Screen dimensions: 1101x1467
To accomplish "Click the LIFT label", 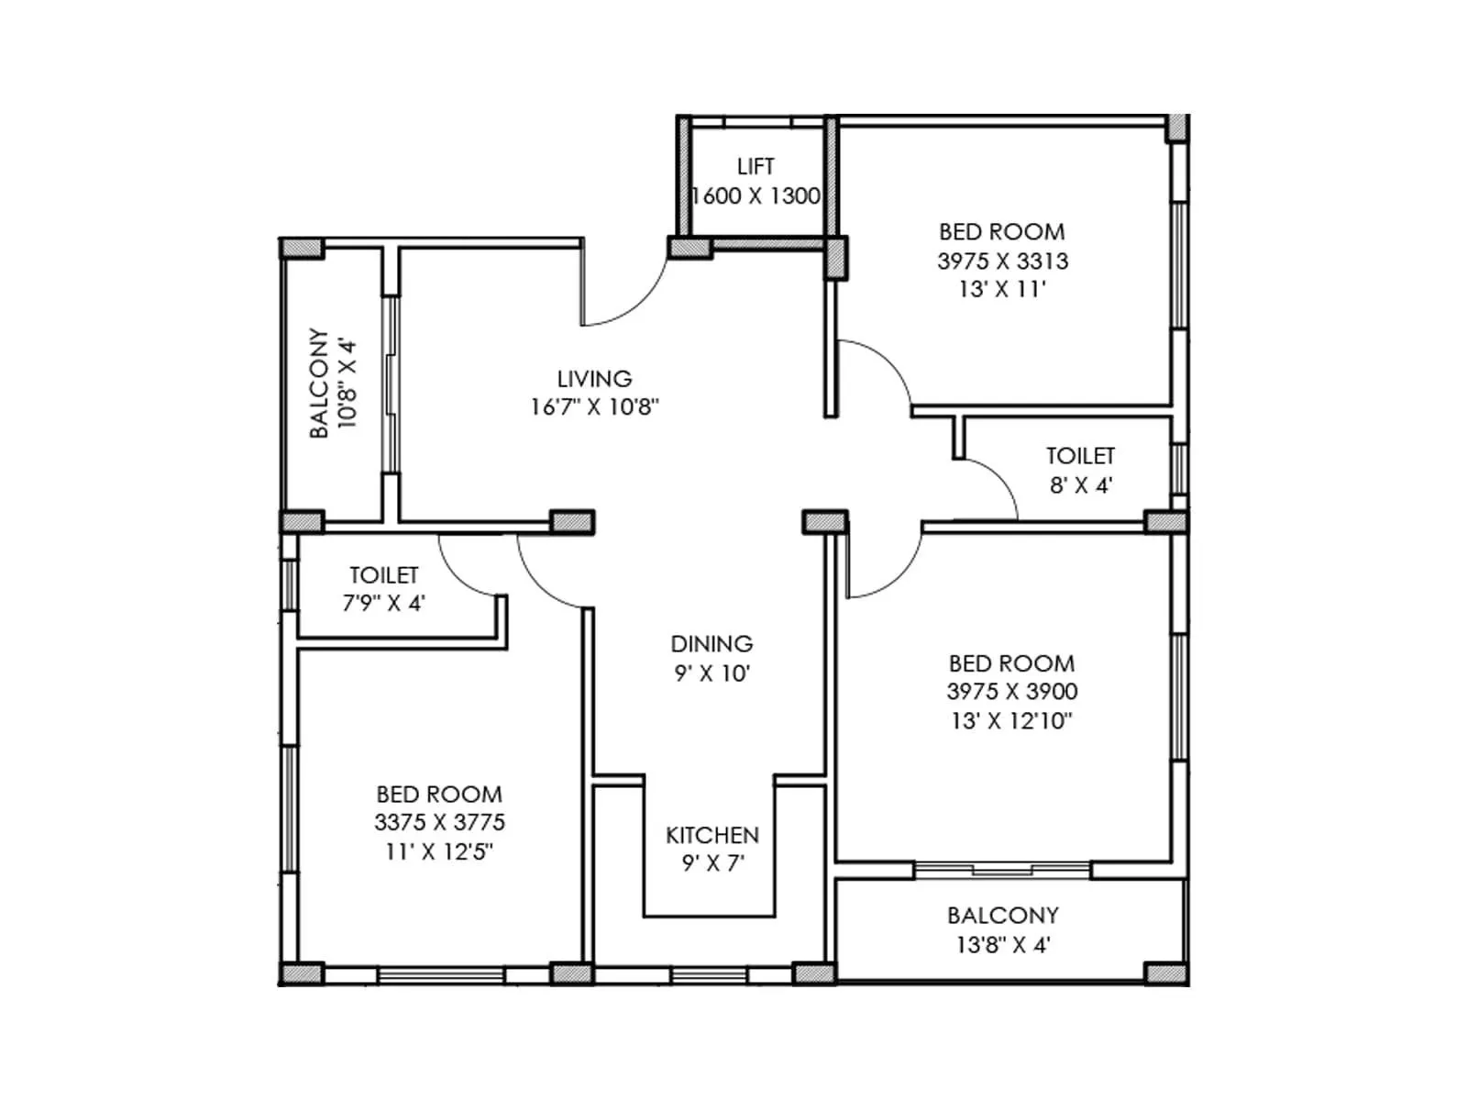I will (756, 167).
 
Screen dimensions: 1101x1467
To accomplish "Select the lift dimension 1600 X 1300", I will (756, 196).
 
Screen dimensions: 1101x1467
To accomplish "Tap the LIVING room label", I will (594, 379).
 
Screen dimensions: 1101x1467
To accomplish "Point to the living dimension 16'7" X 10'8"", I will (594, 407).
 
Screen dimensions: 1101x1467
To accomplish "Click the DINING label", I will (711, 644).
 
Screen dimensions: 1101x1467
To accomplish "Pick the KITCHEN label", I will (712, 836).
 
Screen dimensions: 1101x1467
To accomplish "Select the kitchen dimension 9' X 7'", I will (712, 863).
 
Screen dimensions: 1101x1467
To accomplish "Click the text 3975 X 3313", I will (1002, 261).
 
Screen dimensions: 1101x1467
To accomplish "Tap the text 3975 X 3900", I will (1011, 692).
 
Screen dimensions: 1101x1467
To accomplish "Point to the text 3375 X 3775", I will (439, 823).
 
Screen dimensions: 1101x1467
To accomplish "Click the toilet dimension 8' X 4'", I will (1080, 485).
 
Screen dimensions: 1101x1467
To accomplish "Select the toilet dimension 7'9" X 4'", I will (383, 604).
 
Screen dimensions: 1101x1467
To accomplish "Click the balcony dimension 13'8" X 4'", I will (1002, 945).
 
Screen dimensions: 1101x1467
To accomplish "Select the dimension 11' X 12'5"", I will (439, 851).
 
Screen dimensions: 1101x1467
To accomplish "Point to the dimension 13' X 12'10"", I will (1011, 721).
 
